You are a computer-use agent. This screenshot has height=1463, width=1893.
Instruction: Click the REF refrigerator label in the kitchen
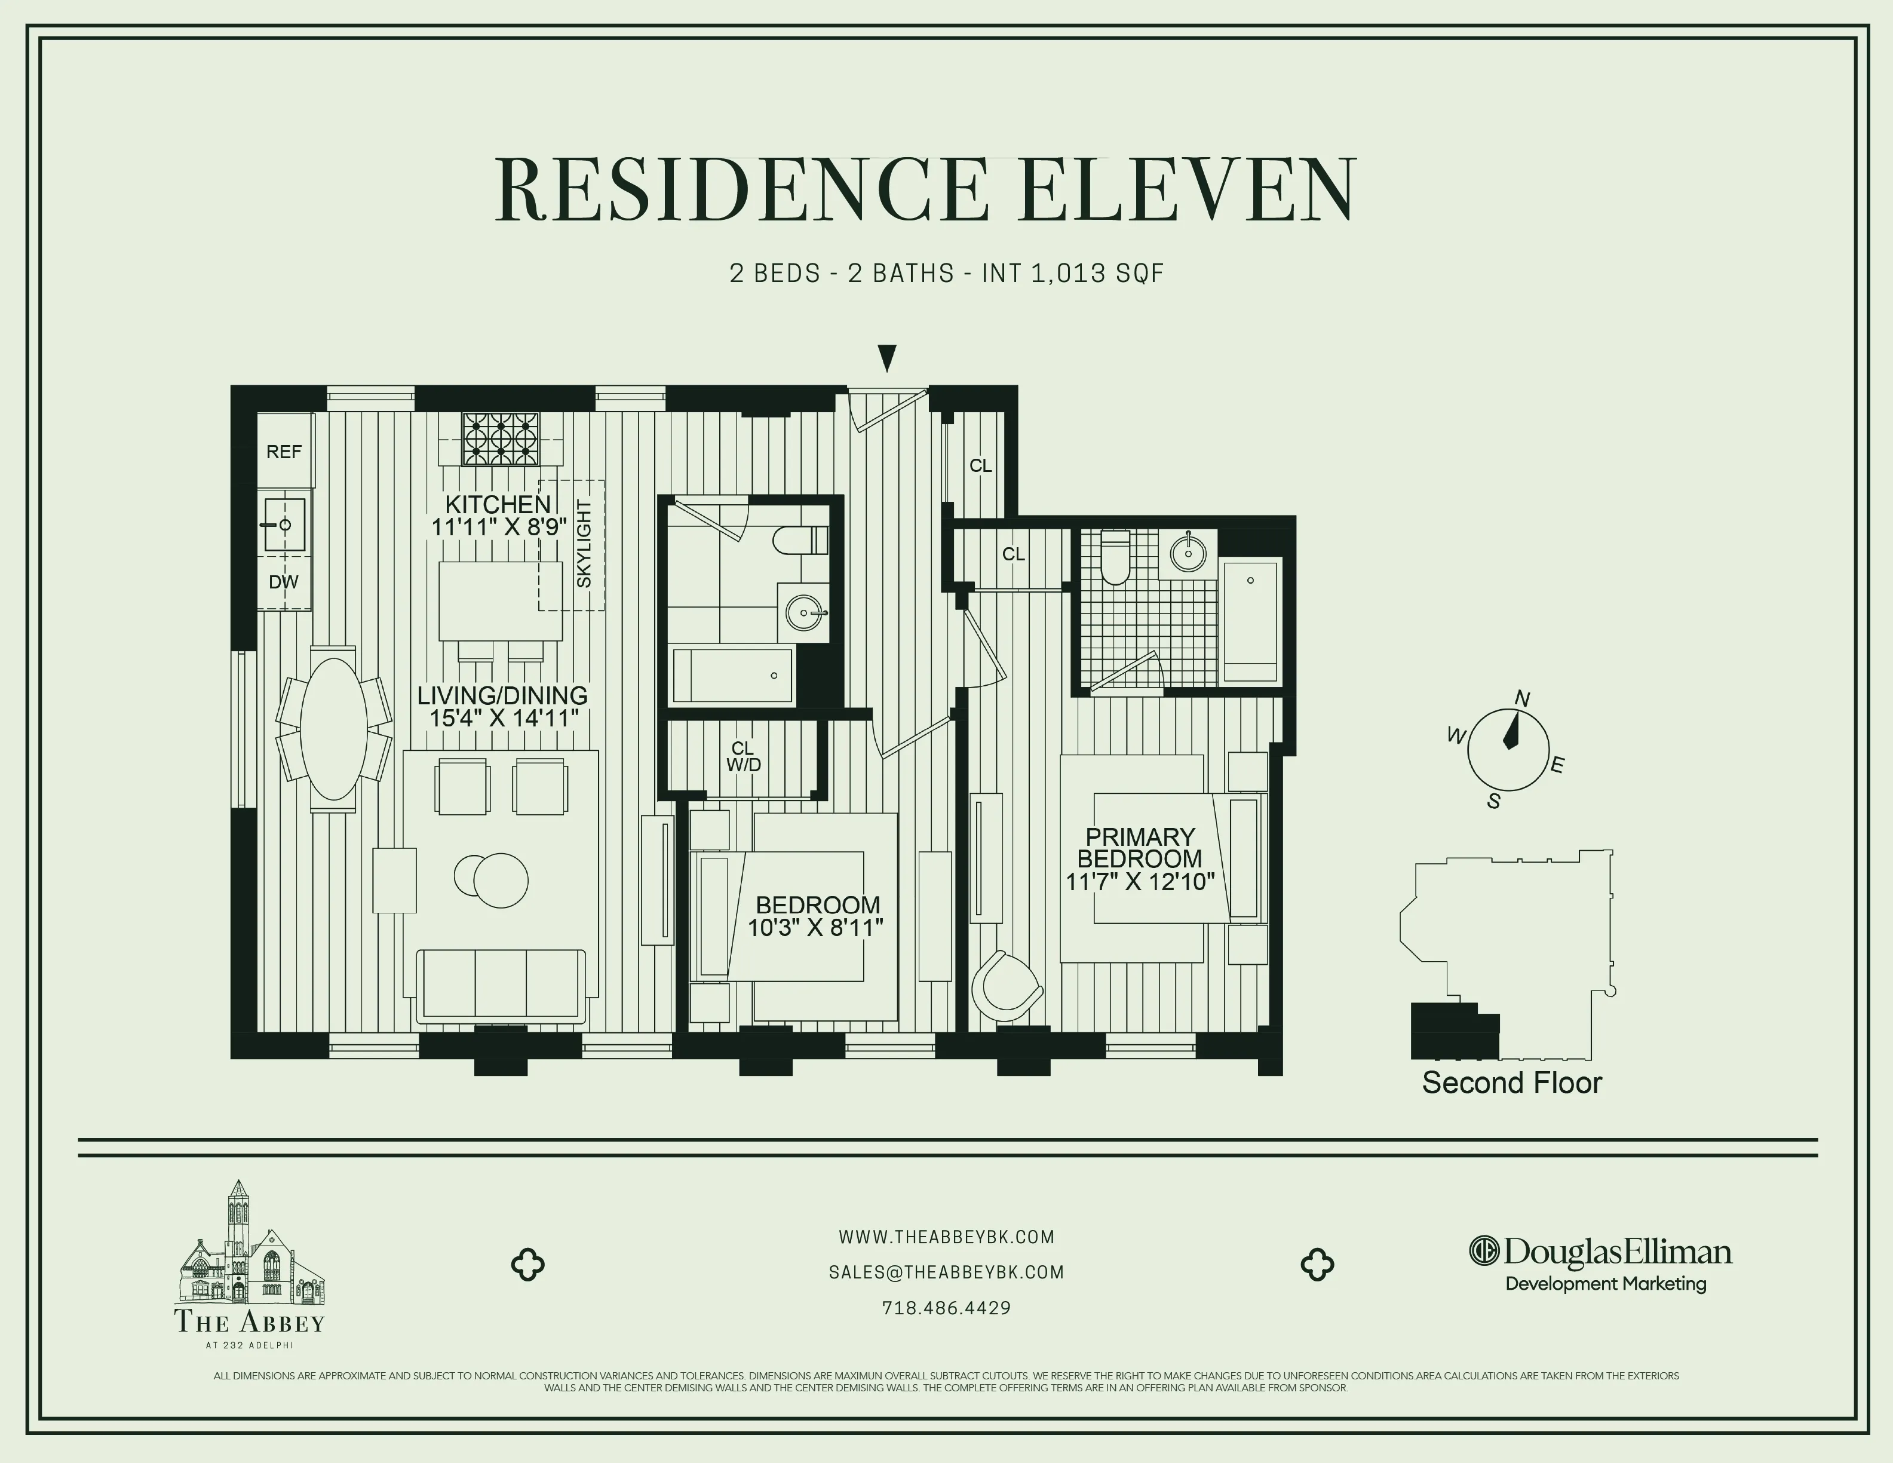[283, 452]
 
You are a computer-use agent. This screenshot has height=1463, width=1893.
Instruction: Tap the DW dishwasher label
[283, 582]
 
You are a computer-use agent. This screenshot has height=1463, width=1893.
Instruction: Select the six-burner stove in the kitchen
[500, 438]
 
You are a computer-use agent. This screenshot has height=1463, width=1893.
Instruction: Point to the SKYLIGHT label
[584, 544]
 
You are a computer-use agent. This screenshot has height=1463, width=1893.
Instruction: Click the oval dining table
[333, 729]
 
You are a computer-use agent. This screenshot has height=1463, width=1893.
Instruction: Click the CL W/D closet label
[743, 756]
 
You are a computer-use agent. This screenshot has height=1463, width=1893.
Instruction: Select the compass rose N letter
[1522, 698]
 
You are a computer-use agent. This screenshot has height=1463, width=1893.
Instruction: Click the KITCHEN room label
[498, 504]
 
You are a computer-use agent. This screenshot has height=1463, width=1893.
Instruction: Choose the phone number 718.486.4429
[946, 1308]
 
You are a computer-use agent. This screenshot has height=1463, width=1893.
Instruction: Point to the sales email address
[946, 1272]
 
